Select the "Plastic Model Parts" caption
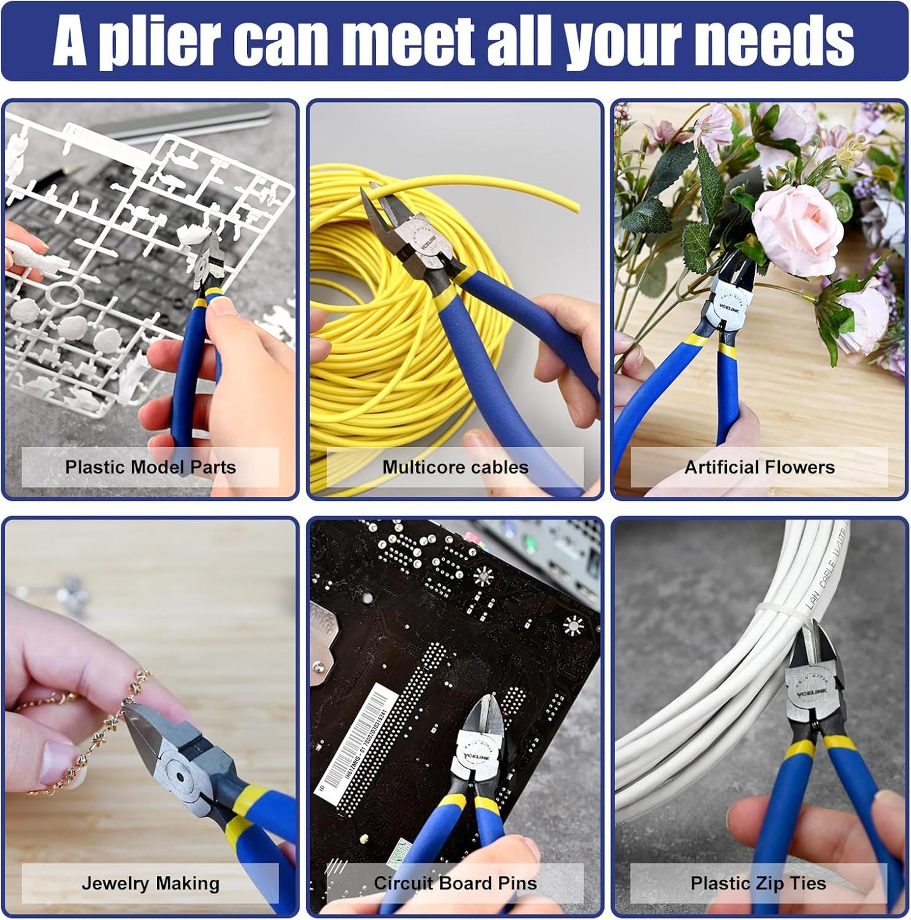coord(150,467)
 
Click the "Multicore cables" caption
coord(455,467)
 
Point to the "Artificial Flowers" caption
coord(759,467)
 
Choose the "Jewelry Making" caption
coord(150,883)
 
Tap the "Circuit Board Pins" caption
coord(455,883)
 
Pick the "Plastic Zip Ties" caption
coord(758,883)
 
